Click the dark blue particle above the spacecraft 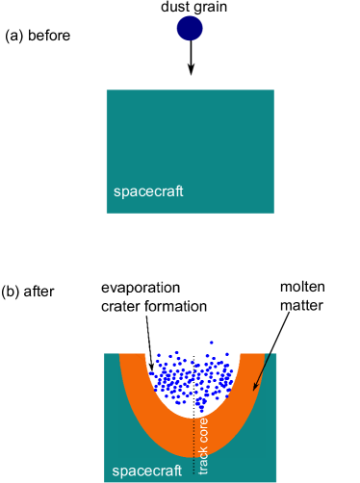click(190, 28)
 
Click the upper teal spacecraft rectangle click(190, 144)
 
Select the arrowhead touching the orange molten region click(254, 387)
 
